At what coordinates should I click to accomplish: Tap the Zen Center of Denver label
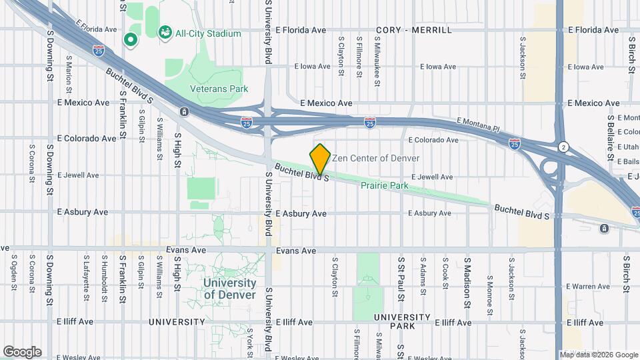pos(376,159)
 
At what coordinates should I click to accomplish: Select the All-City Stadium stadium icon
pos(164,31)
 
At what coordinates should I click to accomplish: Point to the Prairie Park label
pos(384,186)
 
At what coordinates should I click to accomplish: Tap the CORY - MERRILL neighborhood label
pos(413,30)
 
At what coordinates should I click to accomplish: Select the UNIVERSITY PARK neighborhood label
pos(402,321)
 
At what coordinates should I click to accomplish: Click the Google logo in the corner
pos(22,351)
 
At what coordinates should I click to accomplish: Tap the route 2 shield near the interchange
pos(564,146)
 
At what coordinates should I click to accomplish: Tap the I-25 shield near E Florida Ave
pos(99,50)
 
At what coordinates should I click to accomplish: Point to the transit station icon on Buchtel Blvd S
pos(183,112)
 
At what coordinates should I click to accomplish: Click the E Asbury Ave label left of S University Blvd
pos(83,212)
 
